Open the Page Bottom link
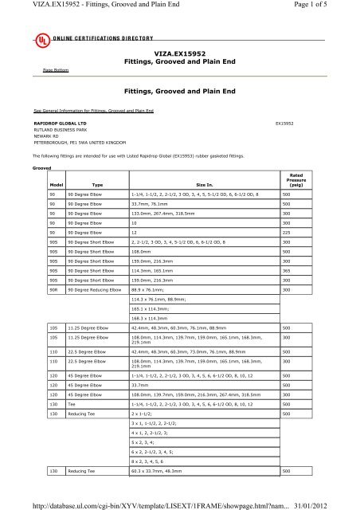point(56,70)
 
